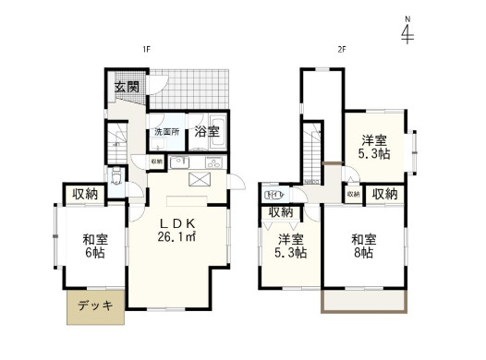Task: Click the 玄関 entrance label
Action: [127, 88]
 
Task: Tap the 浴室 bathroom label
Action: [207, 132]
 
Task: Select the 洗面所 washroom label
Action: [166, 132]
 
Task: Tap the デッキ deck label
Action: [94, 307]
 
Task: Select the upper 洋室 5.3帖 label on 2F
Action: [373, 147]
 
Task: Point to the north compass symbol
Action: [407, 32]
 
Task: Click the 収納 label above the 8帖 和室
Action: [384, 194]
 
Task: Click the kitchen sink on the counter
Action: [212, 162]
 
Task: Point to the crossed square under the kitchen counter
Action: [199, 179]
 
